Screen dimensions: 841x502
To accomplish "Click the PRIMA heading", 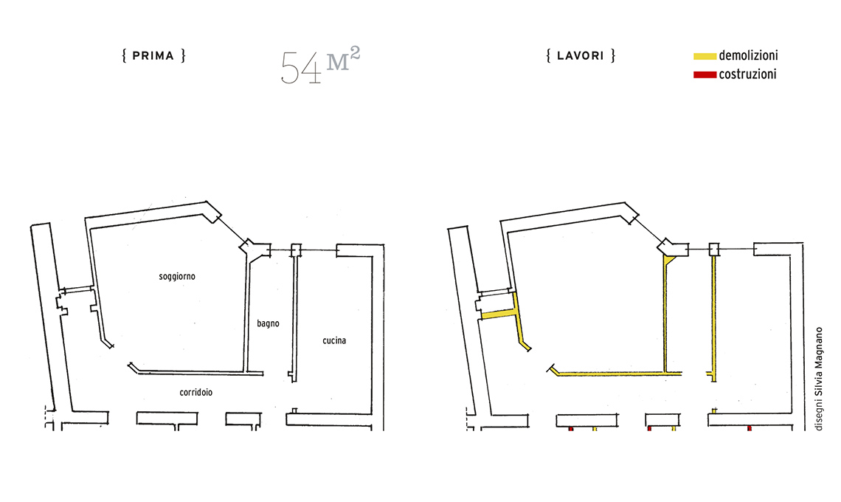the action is click(x=153, y=56).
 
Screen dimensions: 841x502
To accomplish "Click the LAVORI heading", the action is click(x=581, y=56).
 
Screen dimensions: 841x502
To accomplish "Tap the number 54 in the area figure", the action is click(x=301, y=68).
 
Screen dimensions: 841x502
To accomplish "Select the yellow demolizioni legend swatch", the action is click(x=705, y=56).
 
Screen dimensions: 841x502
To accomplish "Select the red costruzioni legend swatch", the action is click(x=705, y=75).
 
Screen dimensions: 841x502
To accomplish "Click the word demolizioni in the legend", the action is click(x=748, y=55).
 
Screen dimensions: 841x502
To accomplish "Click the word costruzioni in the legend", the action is click(x=747, y=74).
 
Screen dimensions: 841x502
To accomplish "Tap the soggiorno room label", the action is click(x=177, y=277).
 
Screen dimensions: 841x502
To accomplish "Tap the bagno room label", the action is click(x=269, y=323).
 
